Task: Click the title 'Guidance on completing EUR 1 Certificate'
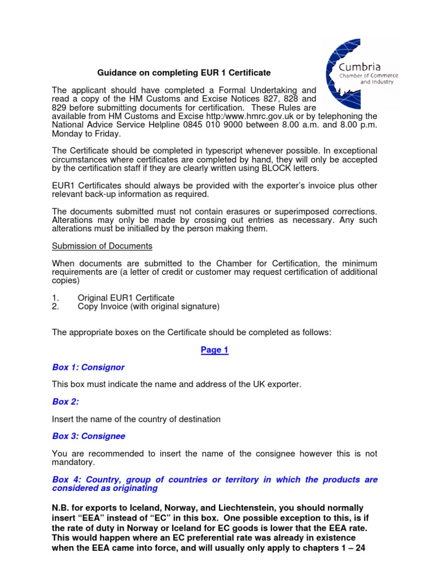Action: pos(184,73)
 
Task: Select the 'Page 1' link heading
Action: pos(214,350)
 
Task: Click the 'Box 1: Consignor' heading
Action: pos(88,367)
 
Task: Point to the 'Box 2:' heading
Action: pos(66,402)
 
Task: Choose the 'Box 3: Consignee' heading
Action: pos(89,436)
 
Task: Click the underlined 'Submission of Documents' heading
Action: pos(102,246)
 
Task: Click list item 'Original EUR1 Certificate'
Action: pos(126,298)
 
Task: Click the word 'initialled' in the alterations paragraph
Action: pos(144,228)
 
